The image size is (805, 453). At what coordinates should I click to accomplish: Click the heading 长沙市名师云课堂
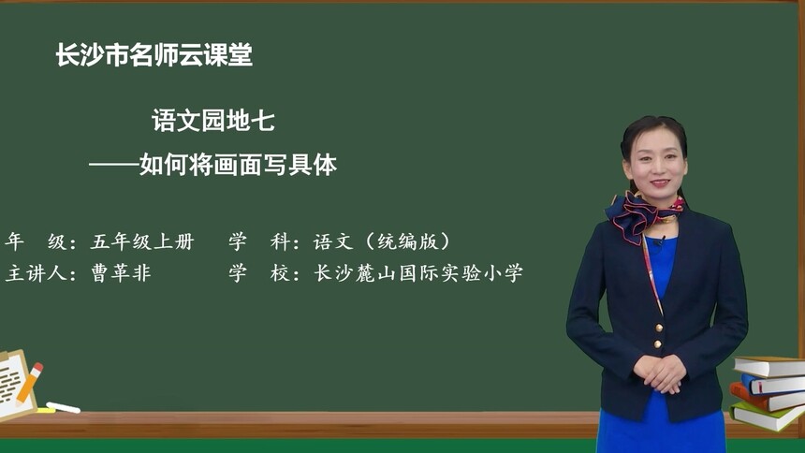pos(154,56)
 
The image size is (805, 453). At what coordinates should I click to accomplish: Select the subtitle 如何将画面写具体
pos(238,166)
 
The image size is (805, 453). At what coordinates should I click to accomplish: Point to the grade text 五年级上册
pos(142,241)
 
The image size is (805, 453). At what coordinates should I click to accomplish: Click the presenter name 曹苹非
pos(121,273)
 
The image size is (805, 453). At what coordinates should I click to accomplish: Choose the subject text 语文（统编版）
pos(382,241)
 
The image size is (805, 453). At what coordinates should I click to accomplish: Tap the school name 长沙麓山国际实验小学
pos(418,273)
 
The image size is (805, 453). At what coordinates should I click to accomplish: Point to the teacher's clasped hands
pos(660,372)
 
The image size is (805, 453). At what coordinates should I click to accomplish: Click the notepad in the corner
pos(13,384)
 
